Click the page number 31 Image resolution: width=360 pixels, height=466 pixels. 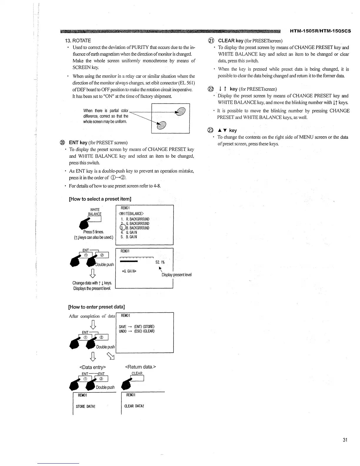(345, 440)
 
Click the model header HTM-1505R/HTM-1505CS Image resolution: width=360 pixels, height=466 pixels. (320, 31)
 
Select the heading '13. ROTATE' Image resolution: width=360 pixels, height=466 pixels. (78, 41)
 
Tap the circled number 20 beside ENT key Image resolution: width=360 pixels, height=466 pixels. (62, 143)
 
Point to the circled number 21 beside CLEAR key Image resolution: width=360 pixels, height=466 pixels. (211, 41)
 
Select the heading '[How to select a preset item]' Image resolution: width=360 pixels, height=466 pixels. (100, 199)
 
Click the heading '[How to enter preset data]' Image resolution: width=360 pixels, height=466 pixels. (96, 307)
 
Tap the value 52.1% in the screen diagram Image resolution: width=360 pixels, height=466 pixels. (160, 262)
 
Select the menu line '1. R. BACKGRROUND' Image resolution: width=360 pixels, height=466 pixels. (135, 219)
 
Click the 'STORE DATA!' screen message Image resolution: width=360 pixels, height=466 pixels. (85, 406)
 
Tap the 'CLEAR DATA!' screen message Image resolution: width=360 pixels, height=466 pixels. (134, 406)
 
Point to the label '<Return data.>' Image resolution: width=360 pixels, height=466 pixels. (141, 367)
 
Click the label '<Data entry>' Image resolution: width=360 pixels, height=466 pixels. (92, 367)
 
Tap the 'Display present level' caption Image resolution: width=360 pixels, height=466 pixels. (176, 275)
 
